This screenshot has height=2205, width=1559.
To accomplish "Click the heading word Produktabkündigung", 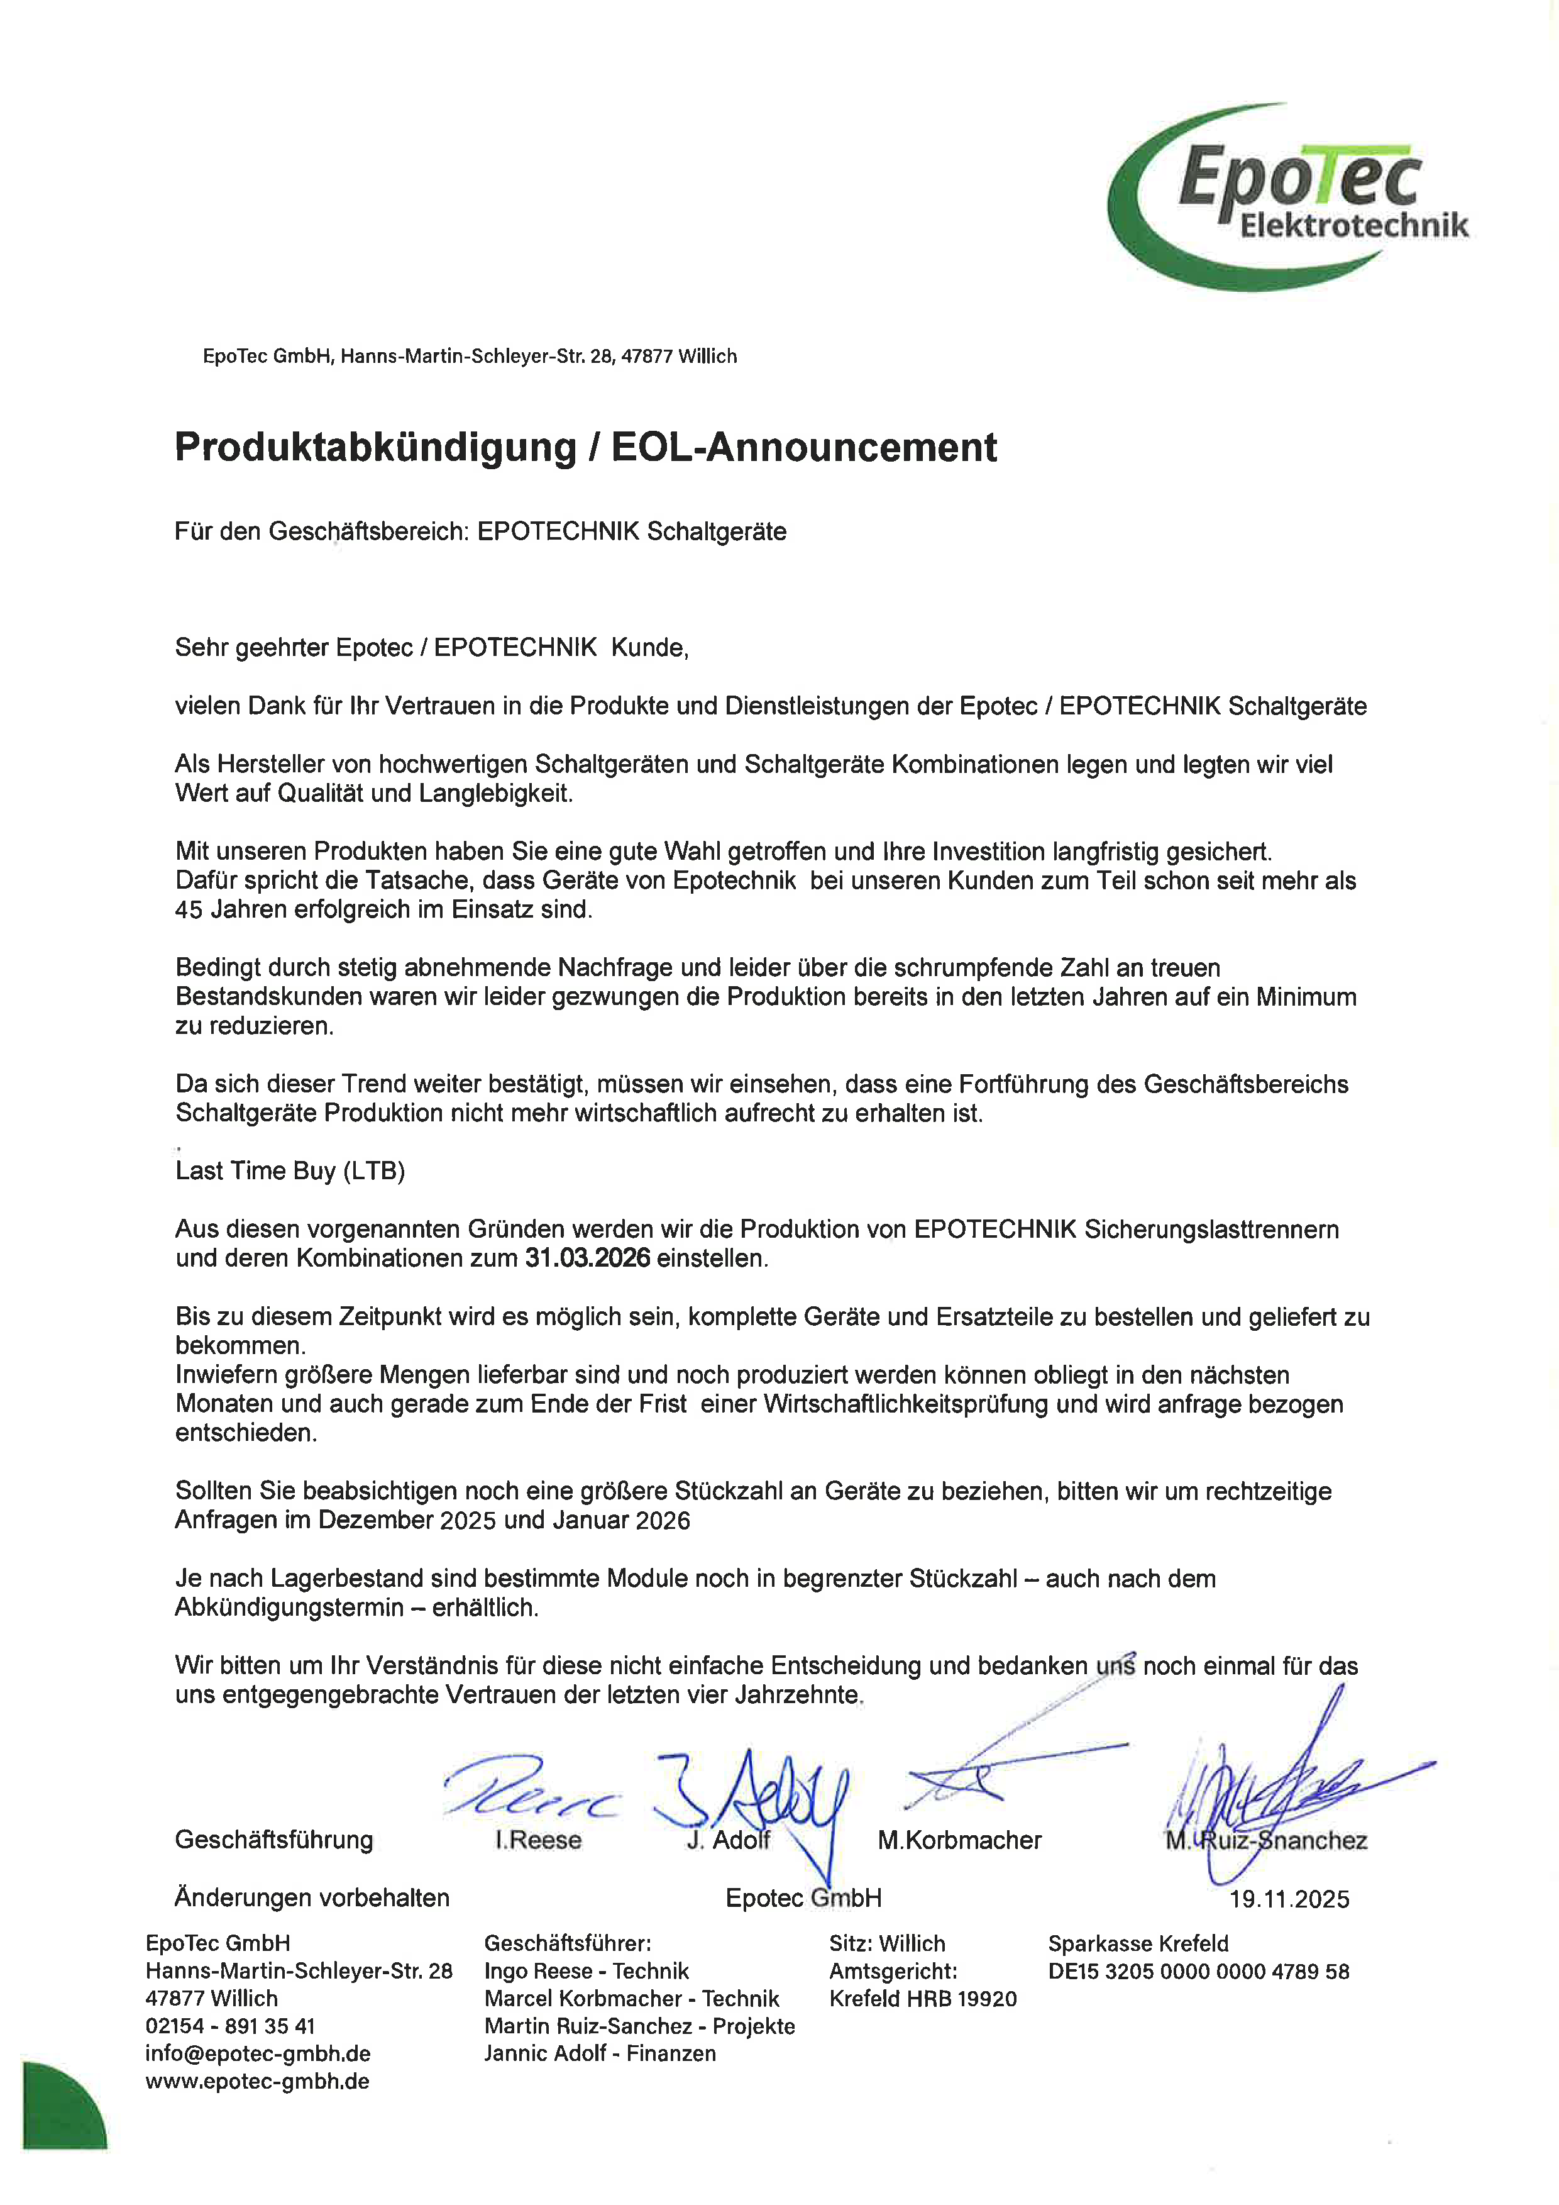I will tap(375, 448).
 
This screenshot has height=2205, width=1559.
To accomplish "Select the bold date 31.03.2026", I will tap(588, 1258).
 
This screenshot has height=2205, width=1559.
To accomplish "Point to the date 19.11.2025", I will tap(1289, 1899).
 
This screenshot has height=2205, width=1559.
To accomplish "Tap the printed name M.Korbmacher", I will tap(959, 1840).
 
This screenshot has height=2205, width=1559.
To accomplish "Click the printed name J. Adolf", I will tap(729, 1840).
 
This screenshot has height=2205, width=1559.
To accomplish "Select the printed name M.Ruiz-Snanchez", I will tap(1266, 1840).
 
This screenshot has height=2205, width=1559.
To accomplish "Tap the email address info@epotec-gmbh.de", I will tap(257, 2053).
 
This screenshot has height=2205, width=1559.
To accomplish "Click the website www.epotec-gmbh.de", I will tap(257, 2081).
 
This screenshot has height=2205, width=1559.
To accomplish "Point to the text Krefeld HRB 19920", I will tap(923, 1999).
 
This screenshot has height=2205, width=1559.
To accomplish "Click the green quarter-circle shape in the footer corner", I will tap(60, 2109).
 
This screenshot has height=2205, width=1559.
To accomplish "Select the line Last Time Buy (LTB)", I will tap(290, 1170).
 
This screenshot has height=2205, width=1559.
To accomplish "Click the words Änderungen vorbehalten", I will tap(312, 1897).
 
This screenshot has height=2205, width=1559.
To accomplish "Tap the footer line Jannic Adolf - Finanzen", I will tap(600, 2053).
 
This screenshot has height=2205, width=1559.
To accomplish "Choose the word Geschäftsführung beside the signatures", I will tap(273, 1840).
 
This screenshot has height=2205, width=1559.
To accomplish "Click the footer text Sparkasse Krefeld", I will tap(1138, 1944).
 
